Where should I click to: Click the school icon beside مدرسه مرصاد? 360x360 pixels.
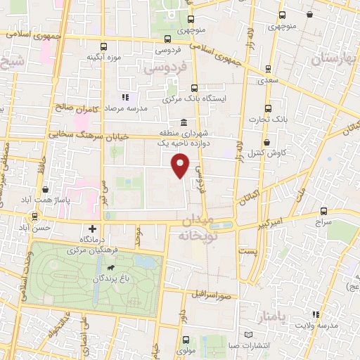click(x=124, y=97)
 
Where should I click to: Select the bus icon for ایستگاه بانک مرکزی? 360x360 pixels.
click(x=194, y=88)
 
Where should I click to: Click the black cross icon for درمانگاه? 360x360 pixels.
click(x=93, y=229)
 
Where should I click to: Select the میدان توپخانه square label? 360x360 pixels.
click(x=195, y=229)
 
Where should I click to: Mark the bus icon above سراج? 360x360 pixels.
click(x=323, y=210)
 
